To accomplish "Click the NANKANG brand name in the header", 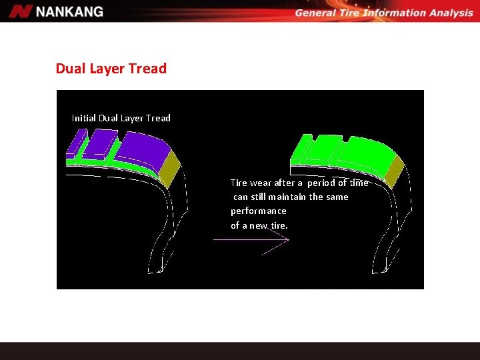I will (x=70, y=11).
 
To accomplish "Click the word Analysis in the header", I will (x=448, y=13).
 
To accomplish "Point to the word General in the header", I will (x=317, y=13).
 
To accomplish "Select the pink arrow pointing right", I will (x=253, y=241).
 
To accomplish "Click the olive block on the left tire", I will (x=171, y=167).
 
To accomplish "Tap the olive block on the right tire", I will (x=395, y=169).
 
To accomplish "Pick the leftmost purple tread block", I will (x=76, y=142).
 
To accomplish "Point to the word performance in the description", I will (x=259, y=211).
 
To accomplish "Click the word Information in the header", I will (x=396, y=13).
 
